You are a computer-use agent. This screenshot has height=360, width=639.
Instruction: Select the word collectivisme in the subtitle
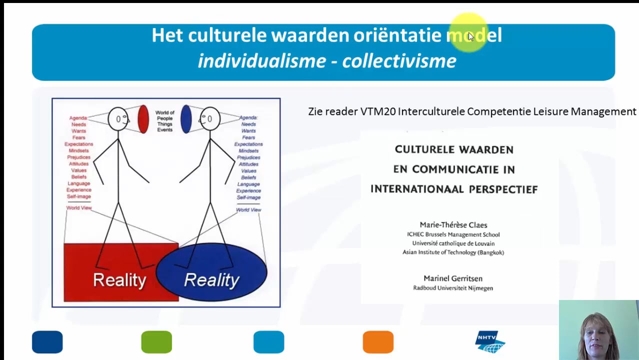399,61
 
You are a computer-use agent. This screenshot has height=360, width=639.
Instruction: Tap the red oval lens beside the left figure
143,119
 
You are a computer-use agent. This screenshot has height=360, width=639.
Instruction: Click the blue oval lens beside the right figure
186,119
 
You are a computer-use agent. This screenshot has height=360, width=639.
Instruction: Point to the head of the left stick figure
118,119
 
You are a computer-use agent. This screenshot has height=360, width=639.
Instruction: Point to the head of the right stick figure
210,119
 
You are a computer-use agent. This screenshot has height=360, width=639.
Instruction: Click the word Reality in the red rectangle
119,280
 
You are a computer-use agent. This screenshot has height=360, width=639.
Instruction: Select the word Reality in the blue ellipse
211,280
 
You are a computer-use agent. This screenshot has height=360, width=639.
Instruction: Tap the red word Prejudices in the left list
78,157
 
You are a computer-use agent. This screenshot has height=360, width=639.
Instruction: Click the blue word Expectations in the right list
248,144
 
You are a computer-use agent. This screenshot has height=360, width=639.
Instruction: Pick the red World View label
79,208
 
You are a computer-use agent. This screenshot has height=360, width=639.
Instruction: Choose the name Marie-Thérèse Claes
453,225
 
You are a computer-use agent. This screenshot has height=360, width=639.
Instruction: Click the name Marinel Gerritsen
453,278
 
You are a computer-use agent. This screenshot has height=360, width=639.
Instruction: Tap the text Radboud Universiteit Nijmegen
453,288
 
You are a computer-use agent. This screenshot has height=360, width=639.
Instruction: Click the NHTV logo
489,342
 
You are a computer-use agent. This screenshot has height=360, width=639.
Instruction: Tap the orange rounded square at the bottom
378,342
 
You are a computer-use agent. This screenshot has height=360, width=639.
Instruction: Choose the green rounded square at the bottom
156,342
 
